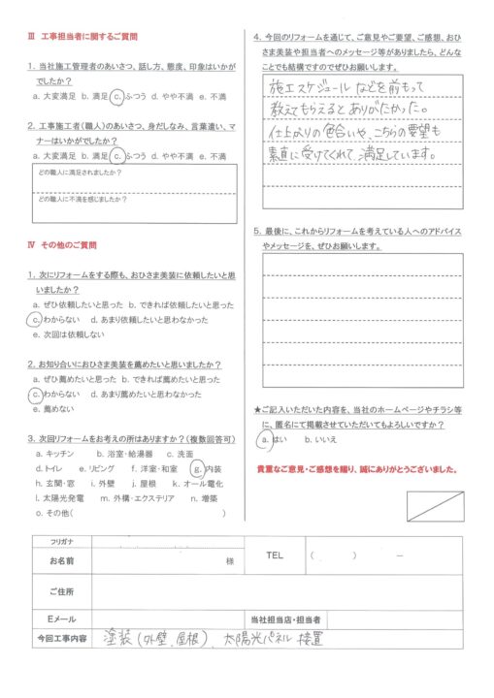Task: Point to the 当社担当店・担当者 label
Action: pyautogui.click(x=287, y=619)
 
